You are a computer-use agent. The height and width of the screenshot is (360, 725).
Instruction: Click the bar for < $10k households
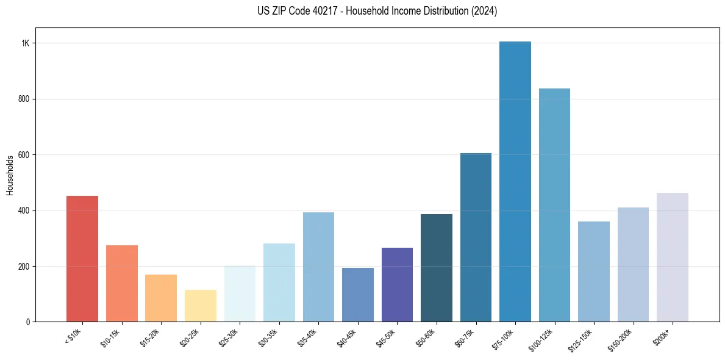click(82, 259)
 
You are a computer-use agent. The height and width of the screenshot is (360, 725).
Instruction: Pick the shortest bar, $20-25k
click(201, 306)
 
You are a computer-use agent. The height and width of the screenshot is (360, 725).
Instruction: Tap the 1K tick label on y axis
click(26, 43)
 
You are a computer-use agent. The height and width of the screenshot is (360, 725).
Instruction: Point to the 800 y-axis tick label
click(24, 99)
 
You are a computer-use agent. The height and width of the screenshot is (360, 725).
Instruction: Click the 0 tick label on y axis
click(27, 322)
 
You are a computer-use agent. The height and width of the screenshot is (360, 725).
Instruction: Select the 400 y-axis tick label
click(24, 211)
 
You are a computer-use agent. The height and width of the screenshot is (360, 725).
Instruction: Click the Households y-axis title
click(10, 175)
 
